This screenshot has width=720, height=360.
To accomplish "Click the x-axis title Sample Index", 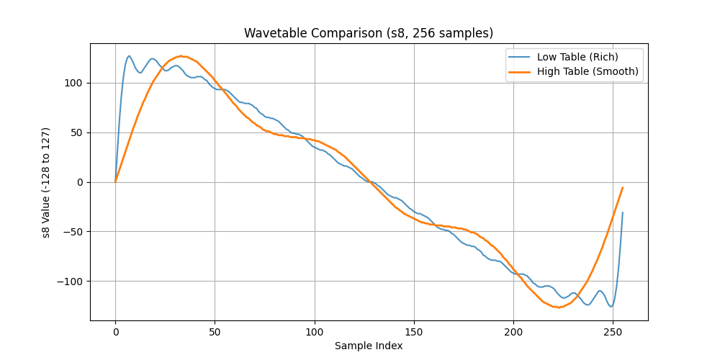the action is point(369,346).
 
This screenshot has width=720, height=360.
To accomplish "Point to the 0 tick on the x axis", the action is point(115,331).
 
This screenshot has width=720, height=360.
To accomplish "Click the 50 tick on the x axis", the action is point(215,331).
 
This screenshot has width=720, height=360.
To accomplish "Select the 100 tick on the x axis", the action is point(315,331).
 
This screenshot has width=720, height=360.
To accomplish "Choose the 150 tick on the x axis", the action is point(414,331).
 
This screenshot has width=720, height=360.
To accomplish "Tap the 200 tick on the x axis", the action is point(513,331).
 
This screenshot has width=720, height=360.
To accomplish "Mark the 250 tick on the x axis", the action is point(613,331).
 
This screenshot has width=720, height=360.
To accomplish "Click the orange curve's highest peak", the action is point(181,56).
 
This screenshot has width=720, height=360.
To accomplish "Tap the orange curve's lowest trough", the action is point(559,307).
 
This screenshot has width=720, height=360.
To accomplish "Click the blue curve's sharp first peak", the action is point(129,56).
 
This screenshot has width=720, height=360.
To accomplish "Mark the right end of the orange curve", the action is point(623,187).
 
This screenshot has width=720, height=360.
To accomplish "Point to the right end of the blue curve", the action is point(623,212).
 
